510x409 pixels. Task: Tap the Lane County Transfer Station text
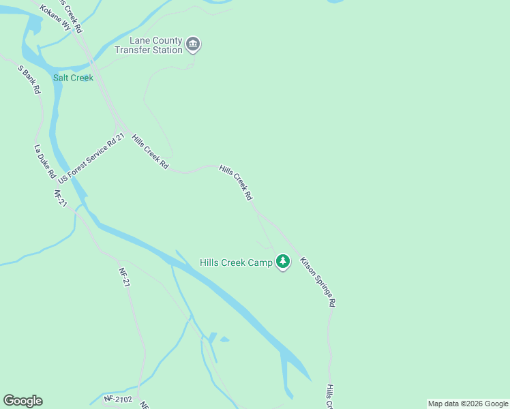[x=149, y=45]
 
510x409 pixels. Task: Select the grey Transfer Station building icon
[x=193, y=45]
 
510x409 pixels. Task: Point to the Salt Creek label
[x=73, y=78]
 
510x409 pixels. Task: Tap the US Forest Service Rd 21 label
[x=92, y=158]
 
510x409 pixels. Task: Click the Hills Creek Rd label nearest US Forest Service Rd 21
[x=149, y=151]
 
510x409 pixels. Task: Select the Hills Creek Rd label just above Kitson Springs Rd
[x=236, y=182]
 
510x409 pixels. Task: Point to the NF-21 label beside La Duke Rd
[x=59, y=198]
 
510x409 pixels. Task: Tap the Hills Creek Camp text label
[x=236, y=262]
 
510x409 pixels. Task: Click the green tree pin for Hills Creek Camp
[x=283, y=262]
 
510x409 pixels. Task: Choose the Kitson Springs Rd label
[x=318, y=281]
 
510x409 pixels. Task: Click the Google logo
[x=22, y=401]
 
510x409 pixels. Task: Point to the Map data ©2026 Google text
[x=468, y=404]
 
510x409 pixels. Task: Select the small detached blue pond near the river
[x=224, y=339]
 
